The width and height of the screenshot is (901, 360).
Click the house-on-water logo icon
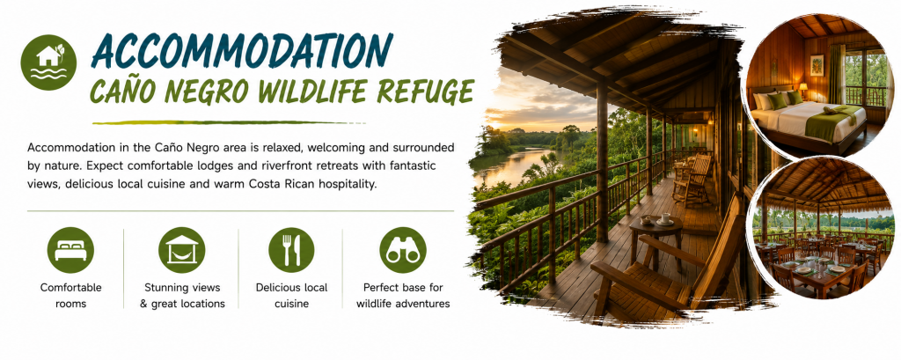pyautogui.click(x=48, y=62)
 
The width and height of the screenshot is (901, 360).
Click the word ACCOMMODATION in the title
pyautogui.click(x=242, y=51)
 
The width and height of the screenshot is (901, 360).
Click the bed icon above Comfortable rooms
pyautogui.click(x=70, y=250)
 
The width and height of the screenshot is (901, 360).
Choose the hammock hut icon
pyautogui.click(x=181, y=250)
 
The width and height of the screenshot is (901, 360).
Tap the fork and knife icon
pyautogui.click(x=291, y=250)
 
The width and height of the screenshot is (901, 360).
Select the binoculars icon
pyautogui.click(x=403, y=250)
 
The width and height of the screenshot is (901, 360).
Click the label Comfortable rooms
pyautogui.click(x=70, y=296)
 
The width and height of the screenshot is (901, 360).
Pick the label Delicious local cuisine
pyautogui.click(x=291, y=296)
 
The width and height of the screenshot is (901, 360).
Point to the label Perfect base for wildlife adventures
pyautogui.click(x=403, y=296)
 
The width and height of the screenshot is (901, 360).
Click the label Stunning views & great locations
pyautogui.click(x=182, y=296)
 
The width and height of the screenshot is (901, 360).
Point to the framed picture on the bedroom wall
pyautogui.click(x=817, y=65)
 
